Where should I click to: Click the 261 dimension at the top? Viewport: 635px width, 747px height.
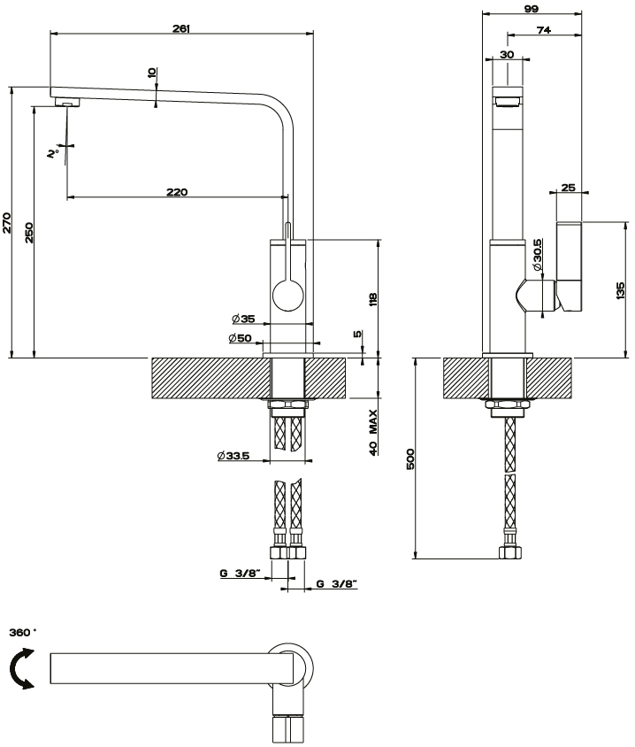point(180,28)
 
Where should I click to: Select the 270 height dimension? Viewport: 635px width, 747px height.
point(7,222)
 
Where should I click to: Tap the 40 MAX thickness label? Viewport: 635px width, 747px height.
point(375,432)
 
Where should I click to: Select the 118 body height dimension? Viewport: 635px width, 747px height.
point(374,299)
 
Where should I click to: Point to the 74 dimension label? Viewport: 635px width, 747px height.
point(544,30)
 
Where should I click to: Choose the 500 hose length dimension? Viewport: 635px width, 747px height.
point(411,458)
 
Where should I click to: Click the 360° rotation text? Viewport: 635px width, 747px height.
point(23,633)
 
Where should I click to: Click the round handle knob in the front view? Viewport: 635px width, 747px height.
point(287,294)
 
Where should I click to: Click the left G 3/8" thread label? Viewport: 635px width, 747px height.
point(238,574)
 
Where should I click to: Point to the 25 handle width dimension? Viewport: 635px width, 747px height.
point(568,187)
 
